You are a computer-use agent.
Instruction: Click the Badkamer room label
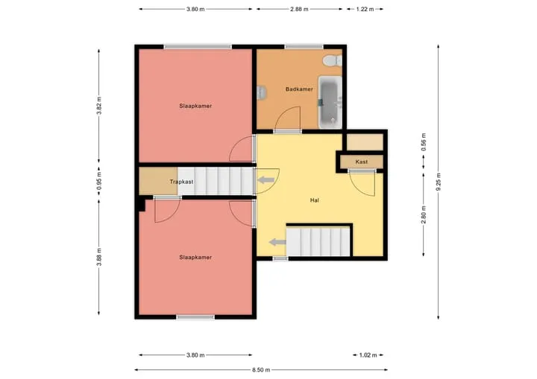tap(299, 89)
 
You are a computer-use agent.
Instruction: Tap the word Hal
tap(315, 200)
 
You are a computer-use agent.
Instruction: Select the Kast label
tap(362, 162)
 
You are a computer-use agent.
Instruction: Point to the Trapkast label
tap(181, 182)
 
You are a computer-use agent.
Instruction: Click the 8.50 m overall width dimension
tap(261, 370)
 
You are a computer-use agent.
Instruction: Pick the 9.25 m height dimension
tap(439, 182)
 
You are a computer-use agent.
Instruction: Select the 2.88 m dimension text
tap(299, 9)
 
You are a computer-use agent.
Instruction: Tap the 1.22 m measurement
tap(365, 9)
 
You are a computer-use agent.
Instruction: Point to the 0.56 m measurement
tap(424, 142)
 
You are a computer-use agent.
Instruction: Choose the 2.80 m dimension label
tap(424, 214)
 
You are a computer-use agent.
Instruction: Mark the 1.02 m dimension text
tap(368, 355)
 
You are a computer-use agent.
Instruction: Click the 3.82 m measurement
tap(99, 106)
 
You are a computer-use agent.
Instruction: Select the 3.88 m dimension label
tap(99, 257)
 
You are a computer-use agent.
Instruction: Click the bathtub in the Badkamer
tap(330, 102)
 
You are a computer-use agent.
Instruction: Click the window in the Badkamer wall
tap(304, 47)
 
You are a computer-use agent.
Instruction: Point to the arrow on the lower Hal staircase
tap(277, 243)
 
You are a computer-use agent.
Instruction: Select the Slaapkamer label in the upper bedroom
tap(195, 106)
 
